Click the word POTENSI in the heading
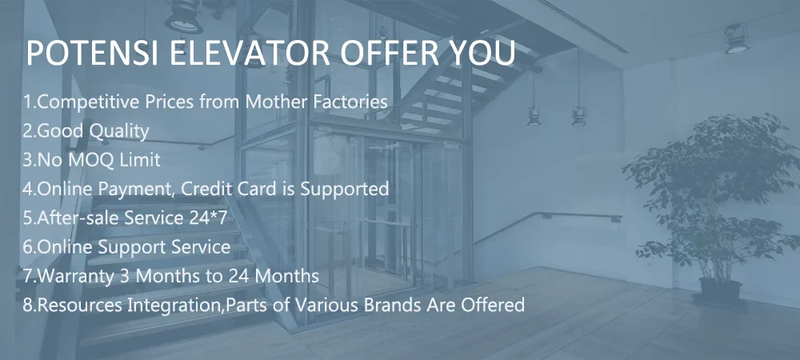[92, 53]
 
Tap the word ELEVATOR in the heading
[250, 53]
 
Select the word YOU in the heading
[478, 53]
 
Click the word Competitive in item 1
[89, 102]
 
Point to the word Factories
[350, 102]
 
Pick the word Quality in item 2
[119, 131]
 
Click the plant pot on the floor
[720, 291]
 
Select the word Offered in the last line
[492, 305]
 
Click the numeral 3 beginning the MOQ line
[27, 160]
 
